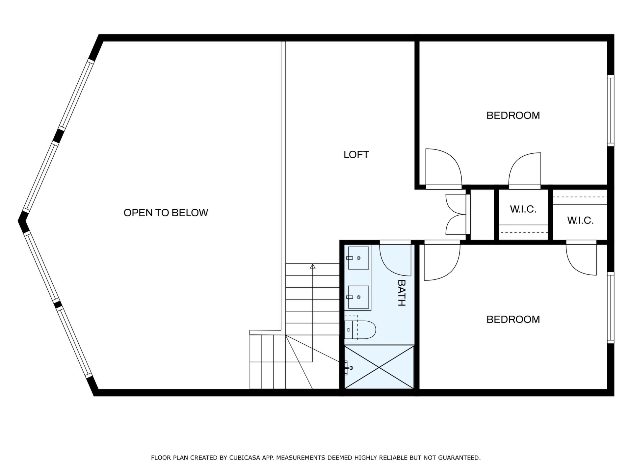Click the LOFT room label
pyautogui.click(x=356, y=155)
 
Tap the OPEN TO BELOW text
pyautogui.click(x=166, y=213)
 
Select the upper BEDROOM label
pyautogui.click(x=513, y=116)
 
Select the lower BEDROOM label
pyautogui.click(x=513, y=319)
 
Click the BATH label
pyautogui.click(x=401, y=293)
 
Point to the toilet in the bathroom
pyautogui.click(x=360, y=329)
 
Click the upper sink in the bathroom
pyautogui.click(x=358, y=258)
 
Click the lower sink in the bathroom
pyautogui.click(x=358, y=297)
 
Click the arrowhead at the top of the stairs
pyautogui.click(x=313, y=266)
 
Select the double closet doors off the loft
pyautogui.click(x=456, y=214)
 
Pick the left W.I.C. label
pyautogui.click(x=523, y=209)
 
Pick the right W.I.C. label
pyautogui.click(x=580, y=221)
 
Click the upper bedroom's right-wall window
pyautogui.click(x=611, y=110)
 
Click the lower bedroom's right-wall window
pyautogui.click(x=611, y=308)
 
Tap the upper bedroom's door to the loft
pyautogui.click(x=444, y=168)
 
